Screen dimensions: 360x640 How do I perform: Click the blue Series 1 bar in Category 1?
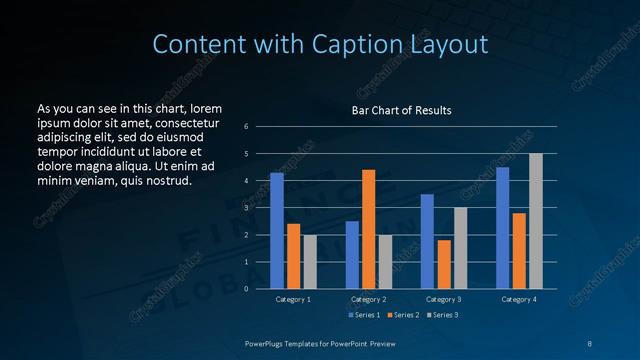tap(277, 231)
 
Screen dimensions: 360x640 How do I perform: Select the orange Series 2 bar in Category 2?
tap(368, 229)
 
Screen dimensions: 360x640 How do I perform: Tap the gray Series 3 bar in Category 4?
tap(535, 221)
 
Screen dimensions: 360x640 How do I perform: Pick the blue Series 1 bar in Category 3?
tap(427, 241)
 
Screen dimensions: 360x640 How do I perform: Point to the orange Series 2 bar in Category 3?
tap(444, 264)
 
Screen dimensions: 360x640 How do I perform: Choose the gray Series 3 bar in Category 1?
tap(310, 262)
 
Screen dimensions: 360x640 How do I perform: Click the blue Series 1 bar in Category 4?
tap(502, 228)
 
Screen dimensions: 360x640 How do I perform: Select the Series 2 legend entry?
tap(403, 315)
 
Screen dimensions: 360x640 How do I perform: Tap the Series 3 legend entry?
tap(442, 315)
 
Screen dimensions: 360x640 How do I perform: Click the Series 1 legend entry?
tap(364, 315)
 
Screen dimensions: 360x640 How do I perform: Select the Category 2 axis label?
tap(368, 299)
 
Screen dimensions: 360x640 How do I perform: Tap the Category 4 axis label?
tap(518, 299)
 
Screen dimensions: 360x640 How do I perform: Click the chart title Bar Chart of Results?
tap(401, 110)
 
